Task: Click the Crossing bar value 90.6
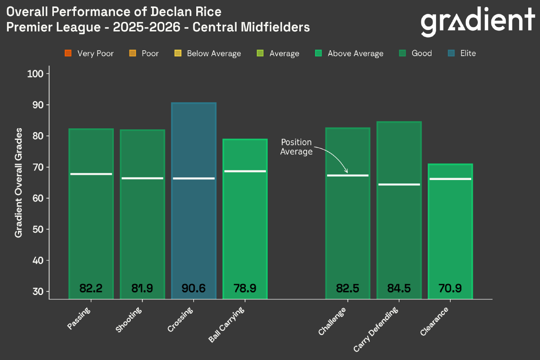pyautogui.click(x=193, y=288)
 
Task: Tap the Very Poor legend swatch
pyautogui.click(x=69, y=53)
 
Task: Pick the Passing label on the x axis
pyautogui.click(x=79, y=318)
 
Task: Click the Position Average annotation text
pyautogui.click(x=296, y=147)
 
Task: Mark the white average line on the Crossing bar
pyautogui.click(x=194, y=178)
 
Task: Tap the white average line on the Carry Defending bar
pyautogui.click(x=399, y=184)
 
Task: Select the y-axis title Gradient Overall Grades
pyautogui.click(x=19, y=183)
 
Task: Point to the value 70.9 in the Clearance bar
pyautogui.click(x=450, y=288)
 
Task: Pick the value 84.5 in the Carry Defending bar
pyautogui.click(x=399, y=288)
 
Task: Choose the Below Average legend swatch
pyautogui.click(x=178, y=53)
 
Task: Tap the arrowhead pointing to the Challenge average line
pyautogui.click(x=346, y=171)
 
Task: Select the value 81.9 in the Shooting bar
pyautogui.click(x=142, y=288)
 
